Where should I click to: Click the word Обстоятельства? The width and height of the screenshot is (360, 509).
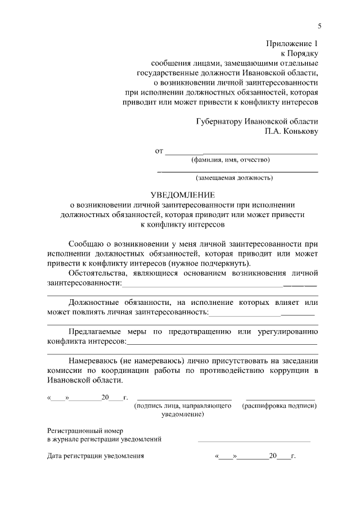tap(98, 273)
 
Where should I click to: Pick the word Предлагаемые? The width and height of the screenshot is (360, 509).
tap(96, 331)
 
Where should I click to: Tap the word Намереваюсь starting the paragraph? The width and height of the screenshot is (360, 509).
tap(94, 361)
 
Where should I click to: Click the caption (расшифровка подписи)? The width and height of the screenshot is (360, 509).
tap(280, 406)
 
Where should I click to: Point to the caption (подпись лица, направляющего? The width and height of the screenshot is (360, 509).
tap(183, 406)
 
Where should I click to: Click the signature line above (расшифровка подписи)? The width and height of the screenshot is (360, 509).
tap(280, 398)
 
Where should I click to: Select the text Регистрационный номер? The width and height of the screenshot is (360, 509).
tap(82, 430)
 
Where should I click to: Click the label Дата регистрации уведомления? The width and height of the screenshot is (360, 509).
tap(96, 456)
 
